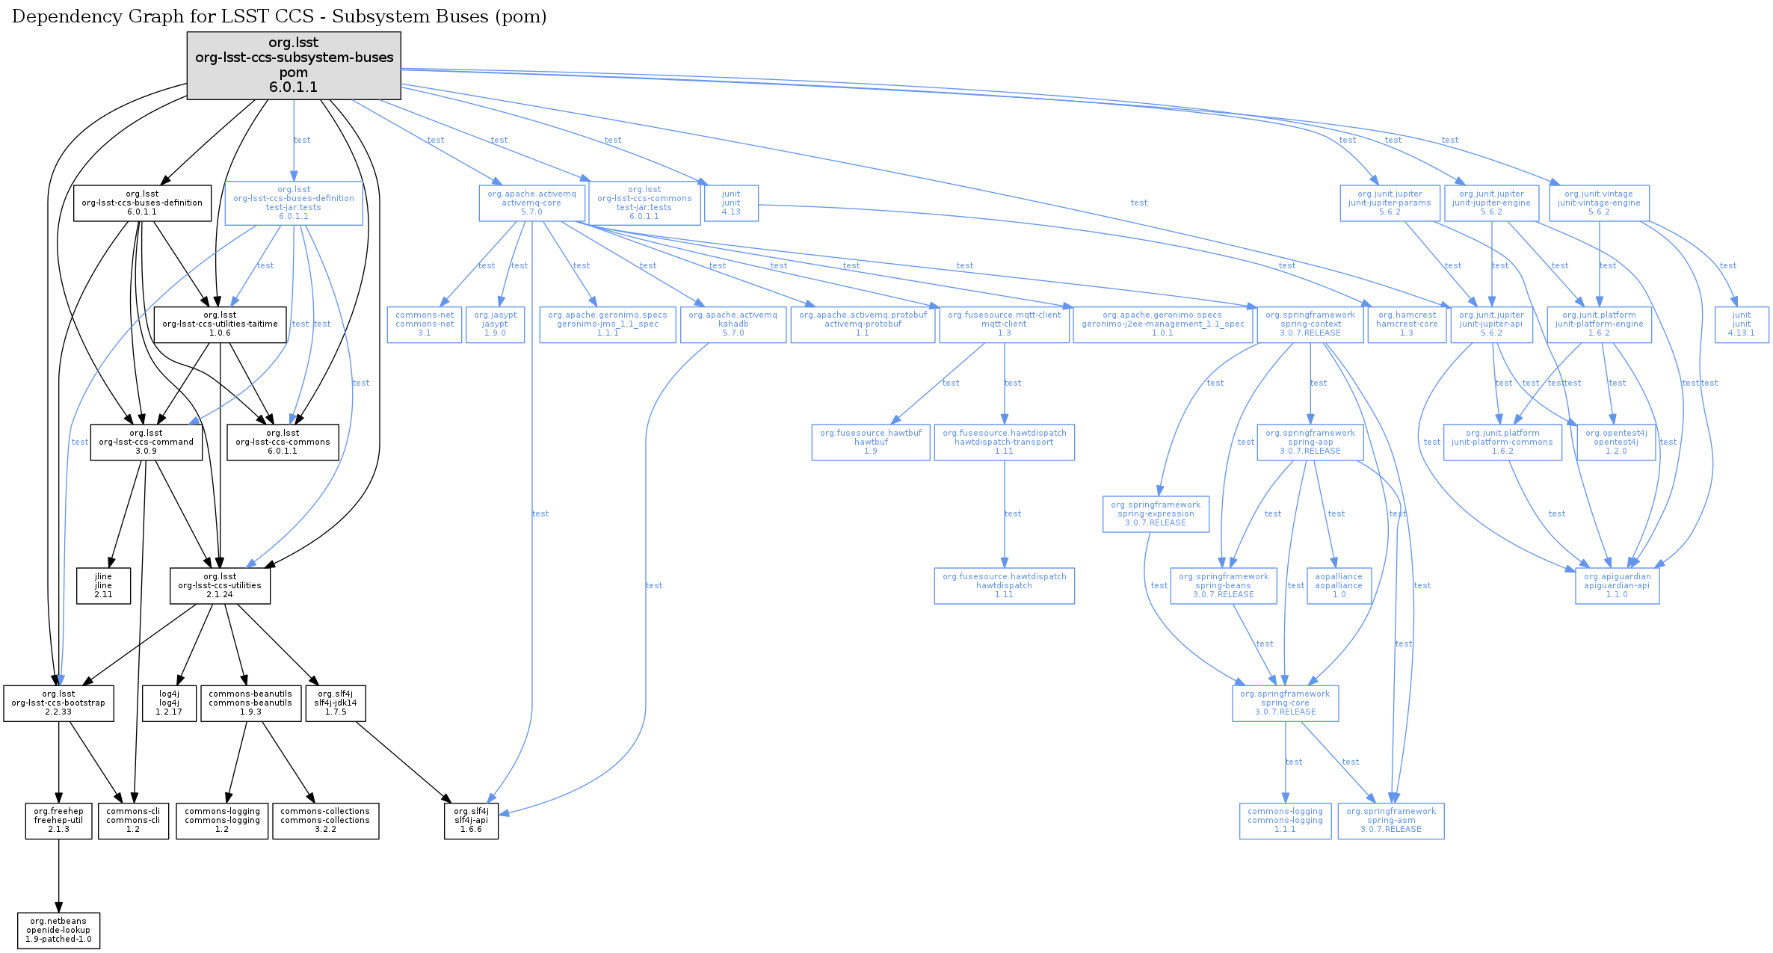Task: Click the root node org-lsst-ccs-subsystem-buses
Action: click(x=294, y=65)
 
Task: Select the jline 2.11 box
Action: click(x=103, y=586)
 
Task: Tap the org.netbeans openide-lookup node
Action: click(x=58, y=931)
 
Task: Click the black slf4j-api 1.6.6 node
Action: click(x=471, y=821)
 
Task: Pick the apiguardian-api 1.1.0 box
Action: click(x=1617, y=586)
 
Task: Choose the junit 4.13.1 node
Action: click(x=1742, y=324)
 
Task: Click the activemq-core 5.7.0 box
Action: click(x=531, y=203)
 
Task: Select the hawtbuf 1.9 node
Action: click(x=871, y=442)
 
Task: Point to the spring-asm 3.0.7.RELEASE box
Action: click(x=1391, y=821)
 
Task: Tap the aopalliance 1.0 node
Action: click(x=1339, y=586)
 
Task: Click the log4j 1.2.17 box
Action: click(x=169, y=703)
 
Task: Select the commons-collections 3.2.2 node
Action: click(x=325, y=821)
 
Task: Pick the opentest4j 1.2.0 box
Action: click(x=1616, y=442)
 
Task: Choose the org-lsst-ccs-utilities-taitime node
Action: click(x=220, y=324)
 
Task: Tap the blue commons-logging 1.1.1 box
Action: click(x=1285, y=821)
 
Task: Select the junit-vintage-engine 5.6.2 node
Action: click(x=1599, y=203)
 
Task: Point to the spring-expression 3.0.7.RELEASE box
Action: click(x=1156, y=514)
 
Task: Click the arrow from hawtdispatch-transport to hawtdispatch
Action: click(x=1004, y=514)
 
